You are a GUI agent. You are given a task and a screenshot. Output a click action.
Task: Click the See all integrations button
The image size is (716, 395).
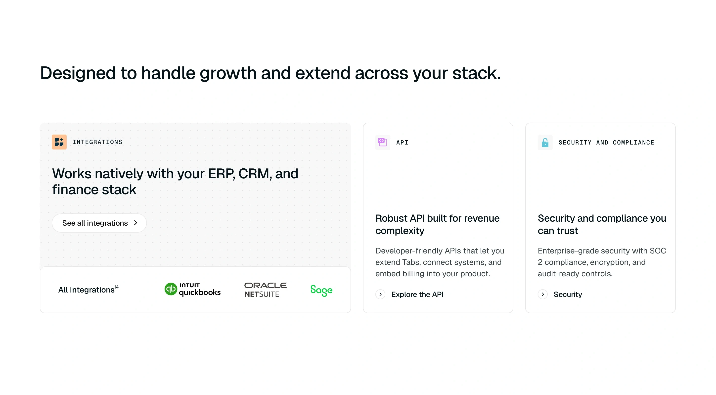pos(99,223)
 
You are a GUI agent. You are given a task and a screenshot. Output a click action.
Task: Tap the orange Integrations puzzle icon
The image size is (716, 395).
pos(59,142)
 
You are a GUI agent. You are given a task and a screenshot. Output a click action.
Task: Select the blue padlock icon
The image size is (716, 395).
pos(545,143)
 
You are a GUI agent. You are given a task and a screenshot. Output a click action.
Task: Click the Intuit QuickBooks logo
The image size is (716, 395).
pos(193,290)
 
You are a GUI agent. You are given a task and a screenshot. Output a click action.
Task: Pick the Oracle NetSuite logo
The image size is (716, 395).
pos(266,290)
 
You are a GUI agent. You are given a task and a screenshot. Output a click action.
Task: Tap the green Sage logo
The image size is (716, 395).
pos(321,290)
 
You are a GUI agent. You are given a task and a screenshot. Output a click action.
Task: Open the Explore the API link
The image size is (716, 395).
pos(417,294)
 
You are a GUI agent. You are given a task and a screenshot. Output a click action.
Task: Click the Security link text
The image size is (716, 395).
pos(568,294)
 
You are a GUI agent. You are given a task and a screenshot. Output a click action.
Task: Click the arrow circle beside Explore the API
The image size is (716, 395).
pos(380,294)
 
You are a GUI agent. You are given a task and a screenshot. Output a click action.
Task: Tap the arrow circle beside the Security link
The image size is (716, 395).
pos(542,294)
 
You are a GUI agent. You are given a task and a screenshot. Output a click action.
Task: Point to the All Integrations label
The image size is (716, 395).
pos(86,290)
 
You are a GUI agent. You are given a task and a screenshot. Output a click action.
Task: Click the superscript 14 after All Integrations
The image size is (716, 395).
pos(116,287)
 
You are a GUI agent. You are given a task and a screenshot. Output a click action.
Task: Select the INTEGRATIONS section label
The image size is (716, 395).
pos(97,142)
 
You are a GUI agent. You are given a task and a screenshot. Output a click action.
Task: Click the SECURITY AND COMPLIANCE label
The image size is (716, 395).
pos(606,143)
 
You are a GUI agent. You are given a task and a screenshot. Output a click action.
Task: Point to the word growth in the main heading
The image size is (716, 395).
pos(228,73)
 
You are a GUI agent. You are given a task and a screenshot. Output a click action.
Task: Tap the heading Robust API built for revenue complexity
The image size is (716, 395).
pos(437,224)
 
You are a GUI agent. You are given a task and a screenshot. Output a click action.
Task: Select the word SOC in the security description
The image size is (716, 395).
pos(658,251)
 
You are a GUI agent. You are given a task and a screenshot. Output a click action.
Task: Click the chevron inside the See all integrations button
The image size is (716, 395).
pos(136,223)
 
